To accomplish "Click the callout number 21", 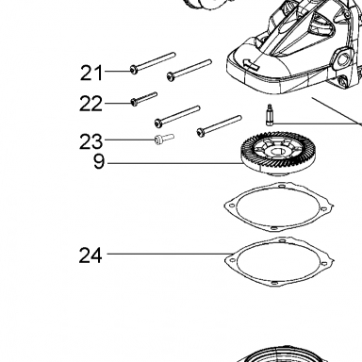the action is coord(91,73).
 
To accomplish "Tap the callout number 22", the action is coord(90,104).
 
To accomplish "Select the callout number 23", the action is coord(90,141).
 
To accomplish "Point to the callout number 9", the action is coord(99,162).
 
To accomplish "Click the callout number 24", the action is coord(90,255).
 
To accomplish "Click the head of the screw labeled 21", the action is coord(134,70).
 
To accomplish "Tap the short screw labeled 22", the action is coord(143,98).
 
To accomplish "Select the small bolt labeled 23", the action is coord(164,139).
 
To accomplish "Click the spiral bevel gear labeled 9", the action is coord(271,154).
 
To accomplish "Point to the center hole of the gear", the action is coord(275,153).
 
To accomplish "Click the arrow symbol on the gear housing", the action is coord(251,64).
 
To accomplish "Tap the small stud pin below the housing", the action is coord(270,114).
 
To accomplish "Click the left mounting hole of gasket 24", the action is coord(232,260).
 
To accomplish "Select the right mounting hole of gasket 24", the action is coord(324,263).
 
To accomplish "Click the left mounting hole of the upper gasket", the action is coord(232,206).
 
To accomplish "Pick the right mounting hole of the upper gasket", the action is coord(324,208).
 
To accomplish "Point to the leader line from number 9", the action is coord(174,163).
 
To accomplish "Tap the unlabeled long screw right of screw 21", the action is coord(189,71).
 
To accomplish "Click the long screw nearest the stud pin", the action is coord(219,126).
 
